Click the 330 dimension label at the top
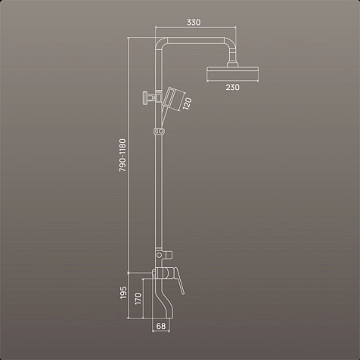(194, 23)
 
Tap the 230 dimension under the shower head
(232, 88)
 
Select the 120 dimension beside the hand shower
(187, 104)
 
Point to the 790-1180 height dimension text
(123, 155)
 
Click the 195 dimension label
(123, 293)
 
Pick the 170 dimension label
(138, 299)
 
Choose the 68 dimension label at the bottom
(161, 326)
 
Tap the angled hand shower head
(173, 98)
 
